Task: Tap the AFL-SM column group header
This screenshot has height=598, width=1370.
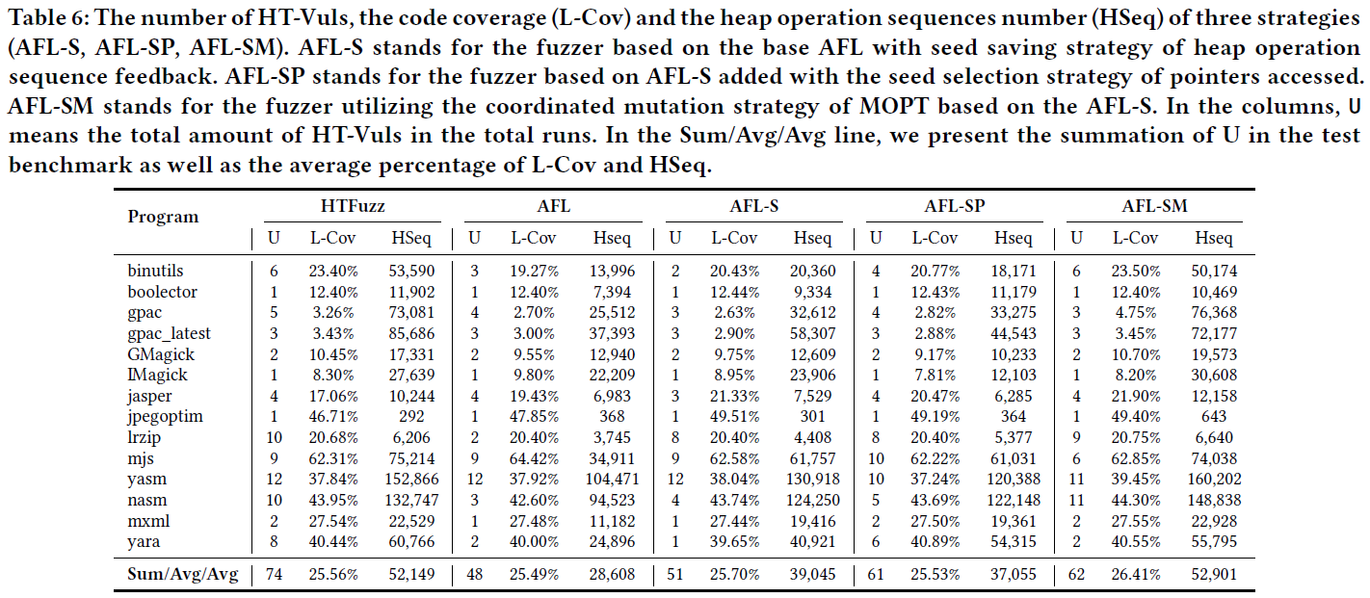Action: click(1154, 205)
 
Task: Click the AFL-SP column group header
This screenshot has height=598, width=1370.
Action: click(954, 205)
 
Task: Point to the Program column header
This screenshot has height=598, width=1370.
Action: click(163, 217)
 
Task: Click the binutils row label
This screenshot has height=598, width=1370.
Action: click(155, 272)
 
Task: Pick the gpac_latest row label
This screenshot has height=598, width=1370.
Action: click(169, 333)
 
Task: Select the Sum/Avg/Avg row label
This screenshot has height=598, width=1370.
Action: click(182, 575)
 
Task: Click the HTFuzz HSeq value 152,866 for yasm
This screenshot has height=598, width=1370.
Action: click(411, 479)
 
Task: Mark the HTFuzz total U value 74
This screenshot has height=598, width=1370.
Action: click(274, 575)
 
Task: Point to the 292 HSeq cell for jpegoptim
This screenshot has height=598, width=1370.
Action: click(412, 416)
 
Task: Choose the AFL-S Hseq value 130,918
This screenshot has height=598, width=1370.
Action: click(812, 479)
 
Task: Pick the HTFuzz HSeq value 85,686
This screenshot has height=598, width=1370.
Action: click(412, 333)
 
